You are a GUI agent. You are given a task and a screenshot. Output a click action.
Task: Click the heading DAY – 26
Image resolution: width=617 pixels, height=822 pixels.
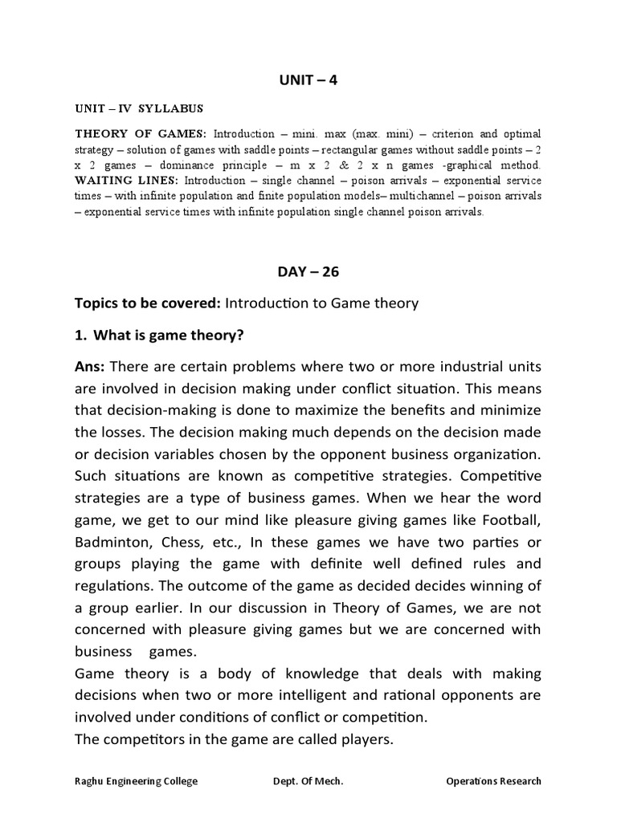tap(308, 271)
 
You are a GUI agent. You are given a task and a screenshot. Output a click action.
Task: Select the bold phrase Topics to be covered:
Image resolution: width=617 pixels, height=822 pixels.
tap(148, 303)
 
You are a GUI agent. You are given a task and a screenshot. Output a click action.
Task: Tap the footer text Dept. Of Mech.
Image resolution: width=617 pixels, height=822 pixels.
tap(308, 781)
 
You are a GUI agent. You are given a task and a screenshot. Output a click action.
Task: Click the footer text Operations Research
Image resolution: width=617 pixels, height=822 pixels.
tap(493, 781)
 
